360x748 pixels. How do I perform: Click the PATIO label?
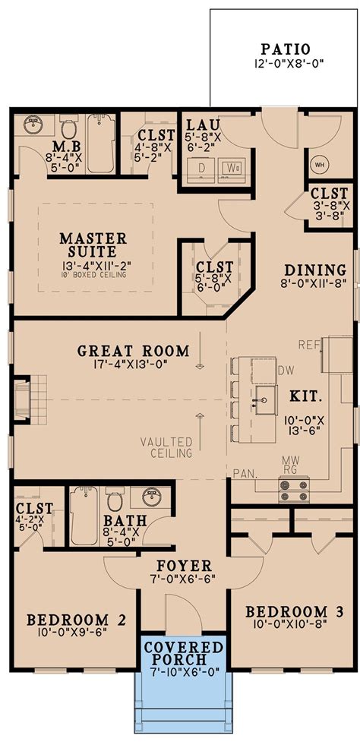click(283, 48)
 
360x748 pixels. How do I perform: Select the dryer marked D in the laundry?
click(203, 167)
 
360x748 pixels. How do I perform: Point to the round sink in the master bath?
click(33, 125)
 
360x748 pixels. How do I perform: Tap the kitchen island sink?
click(265, 395)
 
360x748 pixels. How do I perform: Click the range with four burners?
click(293, 491)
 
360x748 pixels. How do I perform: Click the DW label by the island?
click(286, 371)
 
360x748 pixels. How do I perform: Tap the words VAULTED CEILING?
click(166, 447)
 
